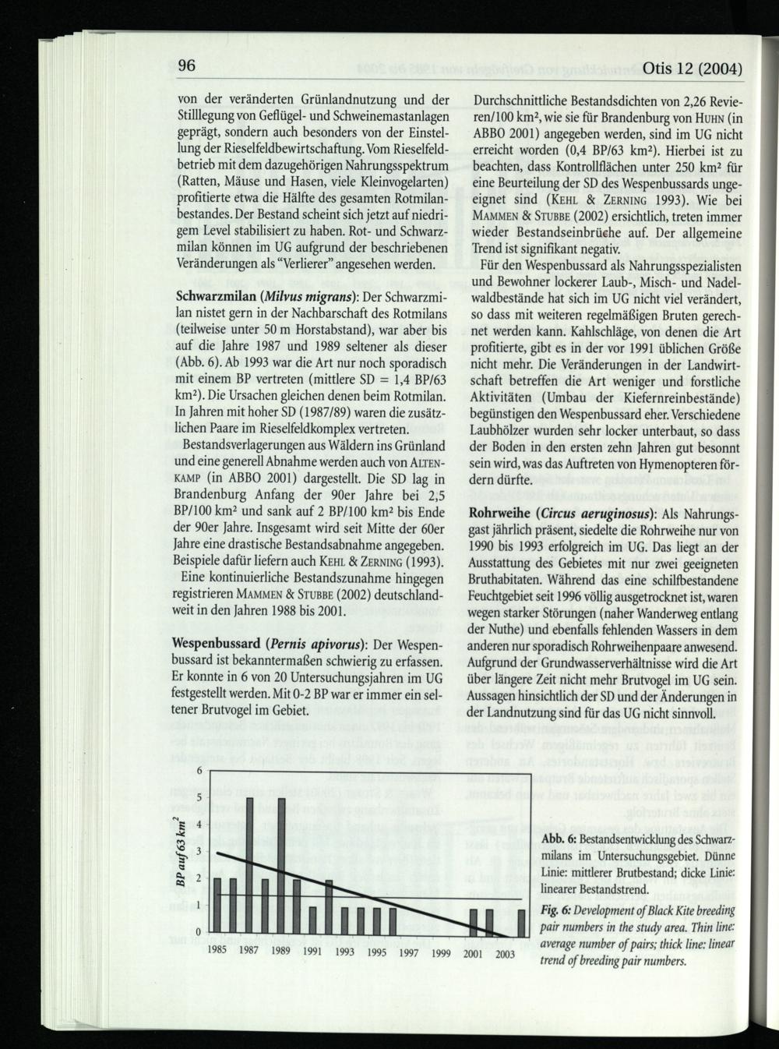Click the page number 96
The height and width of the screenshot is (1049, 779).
pos(185,66)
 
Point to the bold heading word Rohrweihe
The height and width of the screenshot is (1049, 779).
pos(499,514)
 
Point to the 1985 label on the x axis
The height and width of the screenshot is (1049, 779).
pos(217,952)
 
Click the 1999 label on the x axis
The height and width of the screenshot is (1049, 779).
pos(441,952)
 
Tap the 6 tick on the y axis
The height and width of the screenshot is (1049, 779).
pos(199,770)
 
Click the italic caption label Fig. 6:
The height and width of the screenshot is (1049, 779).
pos(556,910)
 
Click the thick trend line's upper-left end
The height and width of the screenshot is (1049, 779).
pos(219,854)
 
